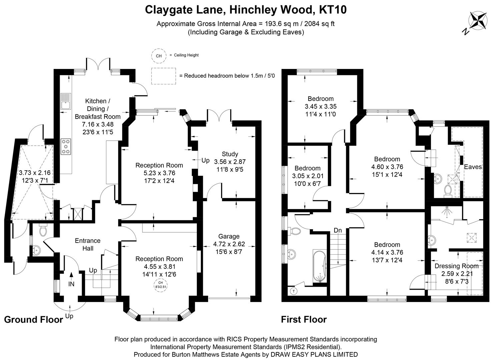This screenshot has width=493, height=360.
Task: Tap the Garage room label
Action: click(229, 236)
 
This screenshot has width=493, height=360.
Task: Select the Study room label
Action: click(230, 154)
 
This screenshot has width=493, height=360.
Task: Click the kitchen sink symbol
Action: click(66, 101)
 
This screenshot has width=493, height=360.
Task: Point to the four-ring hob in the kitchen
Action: click(66, 147)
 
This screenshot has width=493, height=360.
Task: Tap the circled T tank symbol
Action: click(294, 291)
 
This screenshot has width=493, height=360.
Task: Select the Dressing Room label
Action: click(456, 266)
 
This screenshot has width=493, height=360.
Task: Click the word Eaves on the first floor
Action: click(473, 167)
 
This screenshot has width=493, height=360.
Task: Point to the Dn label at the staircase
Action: click(338, 230)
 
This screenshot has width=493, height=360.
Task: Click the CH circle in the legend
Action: click(159, 56)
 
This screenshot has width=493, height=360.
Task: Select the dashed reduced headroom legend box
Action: click(163, 76)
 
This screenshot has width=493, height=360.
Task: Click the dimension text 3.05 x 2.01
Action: click(307, 176)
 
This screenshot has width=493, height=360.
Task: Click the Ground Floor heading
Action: click(33, 320)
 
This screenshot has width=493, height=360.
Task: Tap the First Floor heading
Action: click(304, 320)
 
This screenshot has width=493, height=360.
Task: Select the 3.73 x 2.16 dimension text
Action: click(34, 173)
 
